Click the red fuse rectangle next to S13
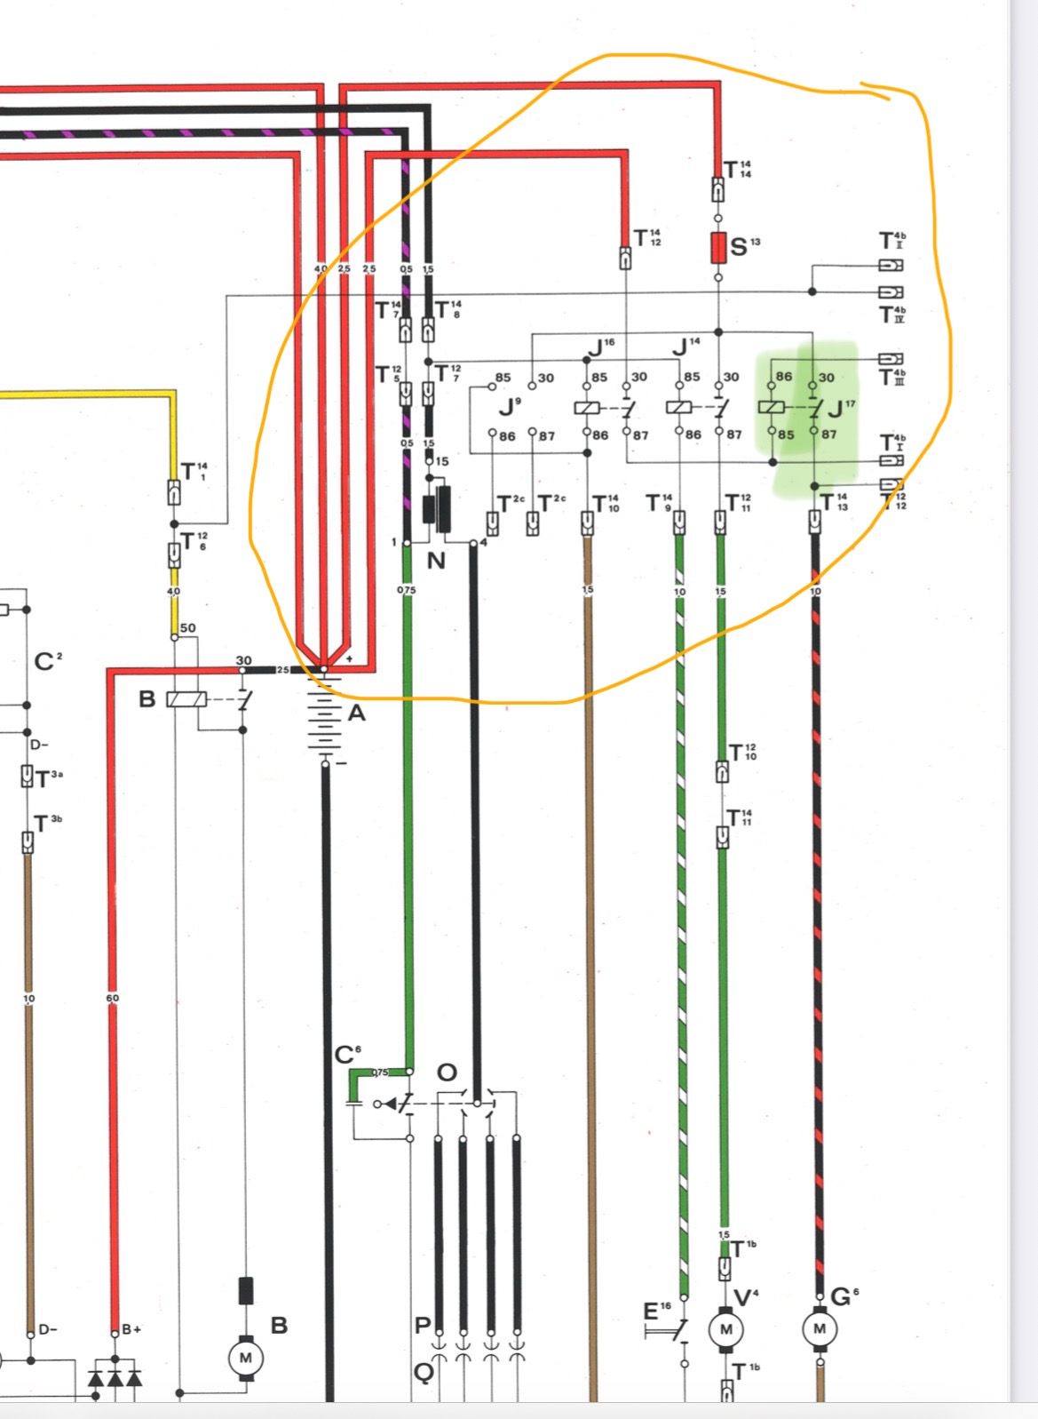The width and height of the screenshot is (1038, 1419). coord(717,248)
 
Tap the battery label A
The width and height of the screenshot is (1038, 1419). coord(356,713)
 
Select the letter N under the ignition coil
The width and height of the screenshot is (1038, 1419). coord(436,561)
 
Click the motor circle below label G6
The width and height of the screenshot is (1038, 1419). coord(819,1329)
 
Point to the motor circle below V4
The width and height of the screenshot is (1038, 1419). coord(725,1329)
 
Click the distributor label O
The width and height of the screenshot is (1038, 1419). coord(448,1072)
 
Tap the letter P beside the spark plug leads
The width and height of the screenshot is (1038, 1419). coord(423,1326)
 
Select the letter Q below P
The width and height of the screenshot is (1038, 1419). coord(424,1373)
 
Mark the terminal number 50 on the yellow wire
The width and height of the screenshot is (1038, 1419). coord(187,628)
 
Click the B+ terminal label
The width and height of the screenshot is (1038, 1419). coord(131,1329)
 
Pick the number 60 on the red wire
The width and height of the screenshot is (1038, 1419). coord(113,998)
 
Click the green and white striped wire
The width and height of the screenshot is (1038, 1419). coord(681,889)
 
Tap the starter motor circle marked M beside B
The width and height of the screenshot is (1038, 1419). coord(246,1358)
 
